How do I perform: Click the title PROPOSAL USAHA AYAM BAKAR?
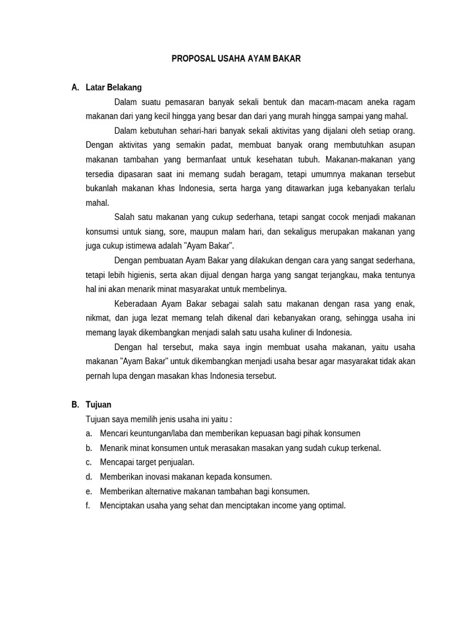(236, 59)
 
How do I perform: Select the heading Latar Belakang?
(114, 88)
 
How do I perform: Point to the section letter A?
(75, 88)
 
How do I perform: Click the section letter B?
(75, 405)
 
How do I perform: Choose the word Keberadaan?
(136, 303)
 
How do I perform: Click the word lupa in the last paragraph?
(121, 375)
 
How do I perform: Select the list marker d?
(89, 476)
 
